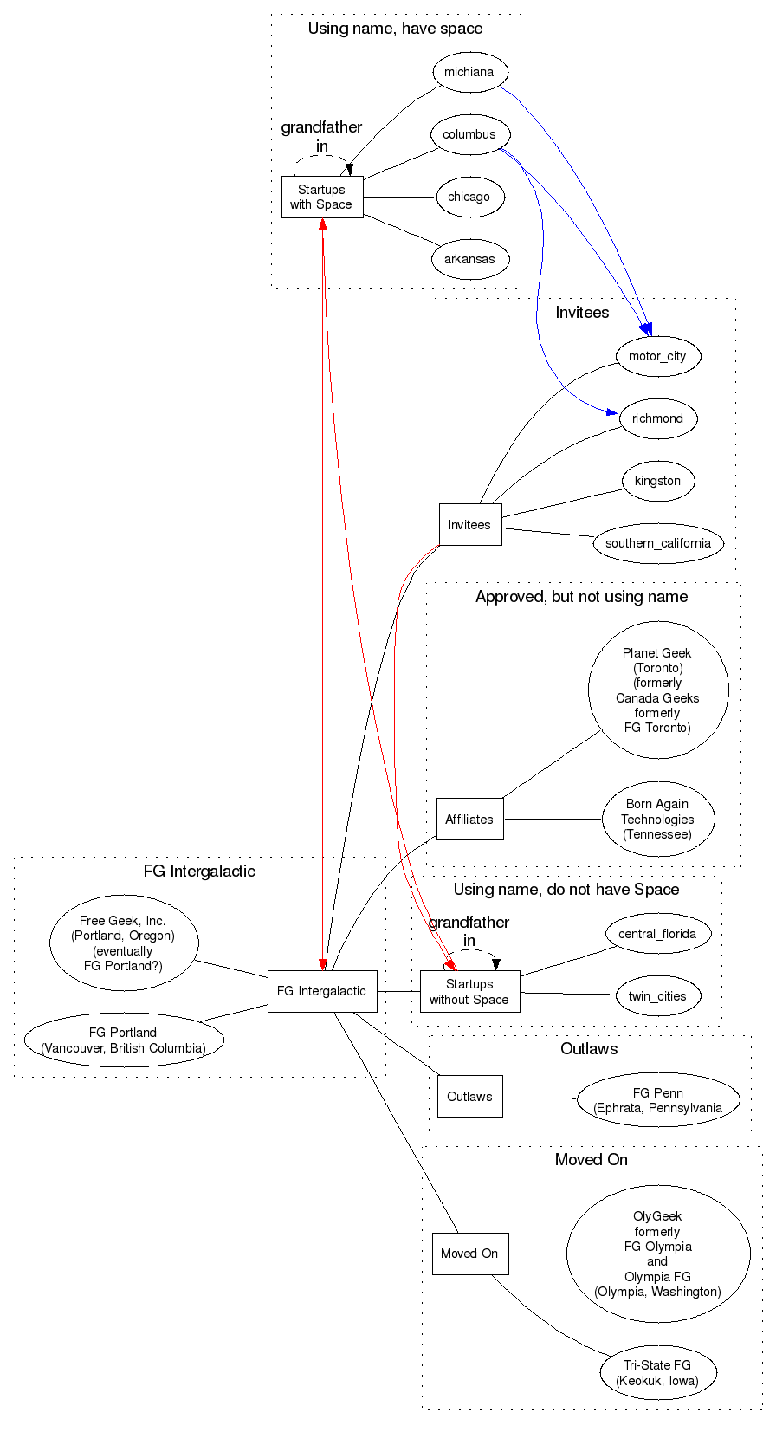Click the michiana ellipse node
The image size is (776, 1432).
[x=469, y=72]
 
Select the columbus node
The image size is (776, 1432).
[x=469, y=134]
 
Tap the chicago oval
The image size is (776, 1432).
[x=469, y=197]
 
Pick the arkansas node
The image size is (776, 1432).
[x=469, y=259]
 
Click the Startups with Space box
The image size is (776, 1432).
[x=321, y=197]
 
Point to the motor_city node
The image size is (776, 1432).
[x=657, y=356]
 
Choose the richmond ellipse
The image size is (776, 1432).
[x=657, y=418]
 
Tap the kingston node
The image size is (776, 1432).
[x=657, y=481]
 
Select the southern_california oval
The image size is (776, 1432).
[x=657, y=543]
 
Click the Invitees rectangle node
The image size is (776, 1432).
[x=469, y=524]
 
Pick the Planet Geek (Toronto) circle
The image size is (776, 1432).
[x=657, y=690]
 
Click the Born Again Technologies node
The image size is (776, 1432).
[x=657, y=819]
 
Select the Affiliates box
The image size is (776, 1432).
[x=469, y=819]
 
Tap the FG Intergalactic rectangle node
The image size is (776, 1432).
[x=321, y=991]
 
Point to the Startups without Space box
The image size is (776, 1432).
[x=469, y=991]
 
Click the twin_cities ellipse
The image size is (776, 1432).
[x=657, y=996]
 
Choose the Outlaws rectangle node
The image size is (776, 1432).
[x=469, y=1096]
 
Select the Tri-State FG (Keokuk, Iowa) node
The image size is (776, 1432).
[x=657, y=1372]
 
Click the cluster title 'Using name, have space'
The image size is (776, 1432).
[x=395, y=29]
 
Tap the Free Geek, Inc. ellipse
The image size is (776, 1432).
[x=123, y=943]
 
